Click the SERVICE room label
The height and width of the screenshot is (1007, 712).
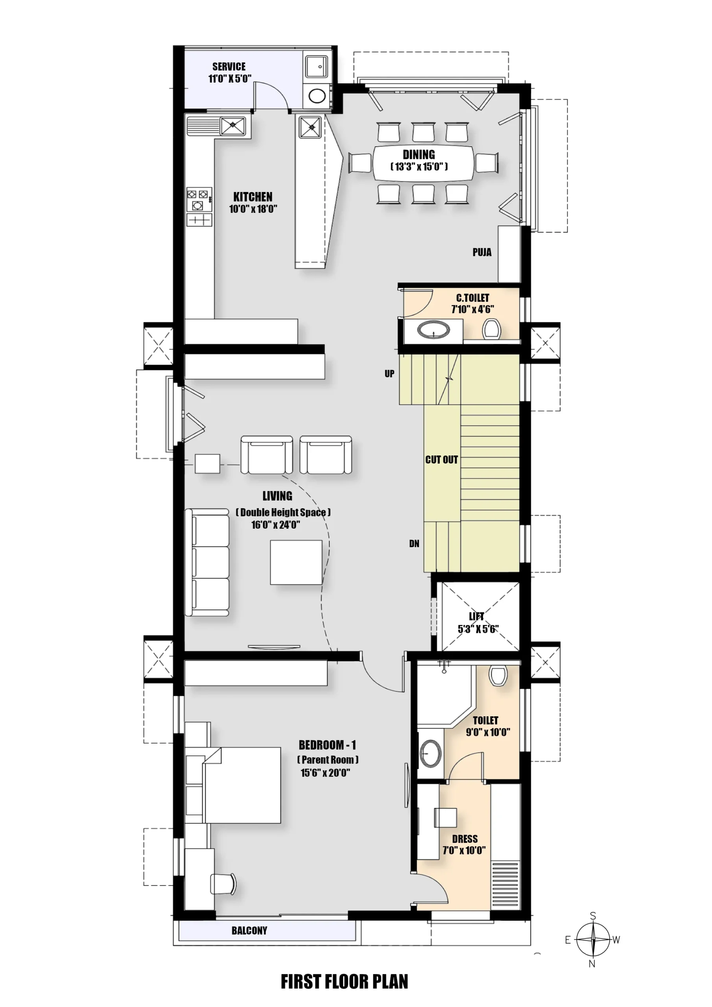229,66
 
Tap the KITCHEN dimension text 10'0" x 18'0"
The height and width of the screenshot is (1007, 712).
253,209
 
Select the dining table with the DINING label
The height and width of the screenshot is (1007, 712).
423,162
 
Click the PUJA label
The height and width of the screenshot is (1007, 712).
482,252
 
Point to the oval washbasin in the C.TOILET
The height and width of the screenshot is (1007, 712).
433,330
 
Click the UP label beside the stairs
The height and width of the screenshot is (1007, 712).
389,374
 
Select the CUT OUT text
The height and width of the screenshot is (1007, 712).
441,460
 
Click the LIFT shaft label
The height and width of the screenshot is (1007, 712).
476,616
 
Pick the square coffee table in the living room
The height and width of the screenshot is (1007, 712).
296,562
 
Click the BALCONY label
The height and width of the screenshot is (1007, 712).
249,931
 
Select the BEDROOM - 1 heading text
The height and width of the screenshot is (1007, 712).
327,745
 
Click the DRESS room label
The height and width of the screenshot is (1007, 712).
465,839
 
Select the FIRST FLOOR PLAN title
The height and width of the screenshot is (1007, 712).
344,981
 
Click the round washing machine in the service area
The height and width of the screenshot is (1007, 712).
317,96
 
